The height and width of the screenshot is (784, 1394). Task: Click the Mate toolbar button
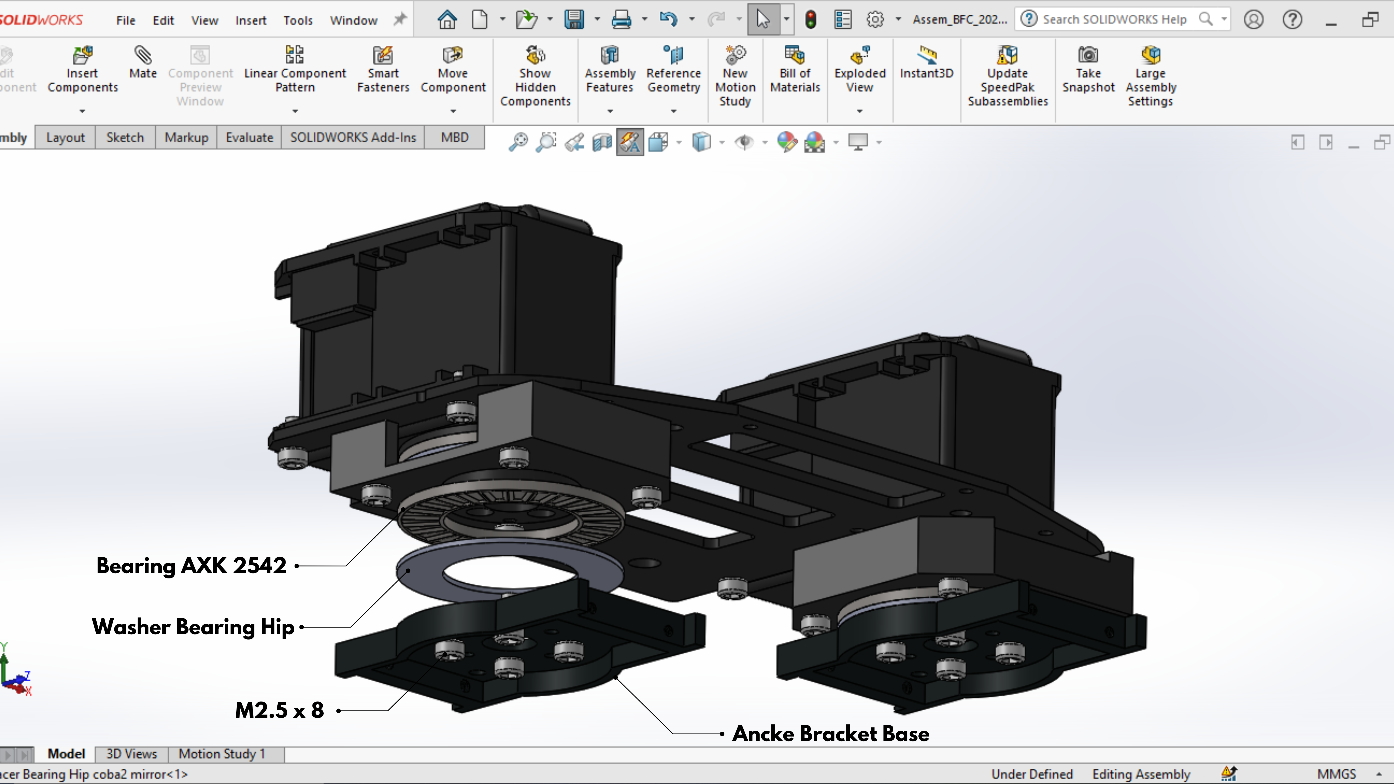point(143,62)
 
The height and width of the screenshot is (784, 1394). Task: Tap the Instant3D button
point(927,62)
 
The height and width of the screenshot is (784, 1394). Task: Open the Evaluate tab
point(250,138)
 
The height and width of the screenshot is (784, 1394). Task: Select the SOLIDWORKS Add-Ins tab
point(353,138)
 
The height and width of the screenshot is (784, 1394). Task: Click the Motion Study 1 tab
point(222,754)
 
